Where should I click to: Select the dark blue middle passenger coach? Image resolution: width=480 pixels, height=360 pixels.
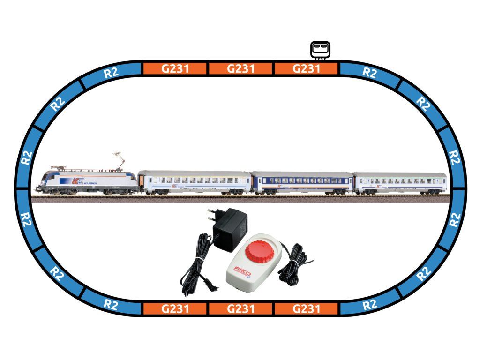tap(301, 183)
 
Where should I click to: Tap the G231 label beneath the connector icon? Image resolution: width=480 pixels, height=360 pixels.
tap(306, 69)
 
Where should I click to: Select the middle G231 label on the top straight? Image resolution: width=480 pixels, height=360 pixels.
tap(240, 69)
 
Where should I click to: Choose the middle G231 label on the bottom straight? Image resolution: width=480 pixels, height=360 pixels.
tap(240, 309)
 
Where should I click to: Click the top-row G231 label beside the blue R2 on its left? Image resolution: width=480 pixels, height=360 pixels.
tap(175, 69)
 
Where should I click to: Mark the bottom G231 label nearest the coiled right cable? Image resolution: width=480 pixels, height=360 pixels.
tap(306, 309)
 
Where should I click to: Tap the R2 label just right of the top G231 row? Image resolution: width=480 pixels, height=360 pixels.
tap(370, 73)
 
